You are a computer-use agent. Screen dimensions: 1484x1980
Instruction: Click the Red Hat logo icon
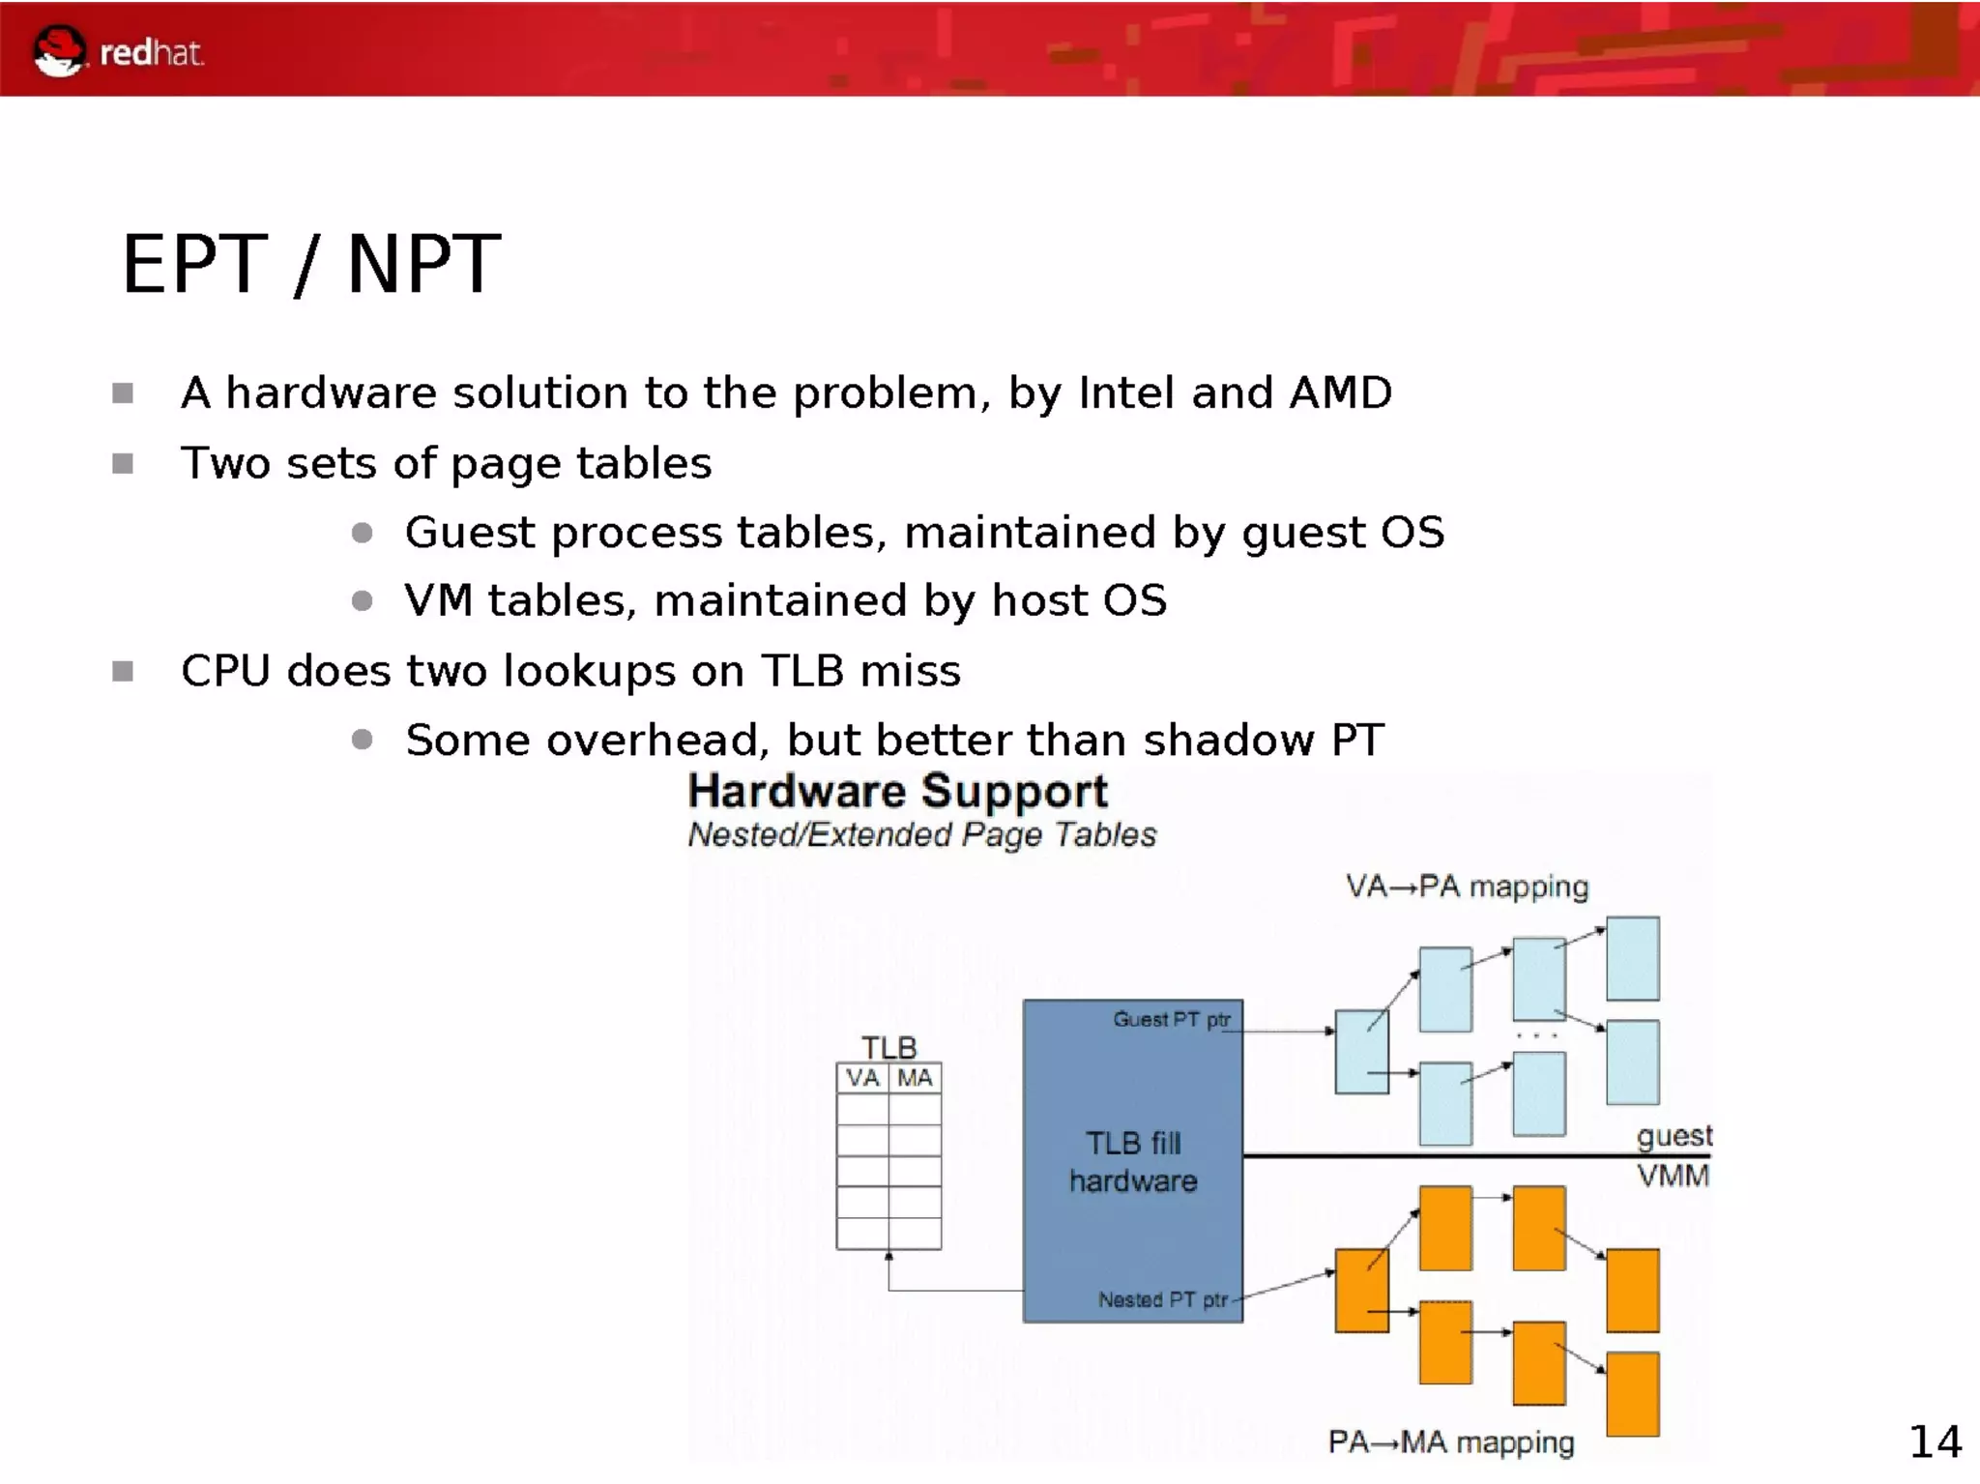coord(59,50)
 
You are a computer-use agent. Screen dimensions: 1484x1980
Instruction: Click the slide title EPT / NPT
coord(310,264)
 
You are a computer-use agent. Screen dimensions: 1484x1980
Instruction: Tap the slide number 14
coord(1935,1442)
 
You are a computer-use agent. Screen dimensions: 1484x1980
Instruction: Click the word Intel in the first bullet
coord(1126,393)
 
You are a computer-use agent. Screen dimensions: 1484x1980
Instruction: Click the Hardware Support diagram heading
coord(897,791)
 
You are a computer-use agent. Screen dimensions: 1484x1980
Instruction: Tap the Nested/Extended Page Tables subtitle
coord(921,834)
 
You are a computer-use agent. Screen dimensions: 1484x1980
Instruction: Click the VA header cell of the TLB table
coord(862,1078)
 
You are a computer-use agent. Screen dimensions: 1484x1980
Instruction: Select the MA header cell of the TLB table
coord(915,1078)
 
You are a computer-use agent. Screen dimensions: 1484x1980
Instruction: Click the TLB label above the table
coord(888,1047)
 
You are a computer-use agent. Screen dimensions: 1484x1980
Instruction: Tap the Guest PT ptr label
coord(1171,1019)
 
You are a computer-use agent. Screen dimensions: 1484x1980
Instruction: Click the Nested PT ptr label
coord(1162,1300)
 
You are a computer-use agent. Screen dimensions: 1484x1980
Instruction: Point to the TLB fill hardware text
coord(1133,1162)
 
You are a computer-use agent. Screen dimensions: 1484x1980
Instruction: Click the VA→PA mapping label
coord(1467,887)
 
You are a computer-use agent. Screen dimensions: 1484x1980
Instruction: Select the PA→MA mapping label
coord(1450,1442)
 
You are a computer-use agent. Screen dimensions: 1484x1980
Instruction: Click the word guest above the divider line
coord(1674,1136)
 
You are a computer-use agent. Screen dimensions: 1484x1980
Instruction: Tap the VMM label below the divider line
coord(1673,1177)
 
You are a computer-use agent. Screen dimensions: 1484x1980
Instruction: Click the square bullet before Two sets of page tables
coord(123,464)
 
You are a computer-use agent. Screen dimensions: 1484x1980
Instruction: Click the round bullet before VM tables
coord(363,601)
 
